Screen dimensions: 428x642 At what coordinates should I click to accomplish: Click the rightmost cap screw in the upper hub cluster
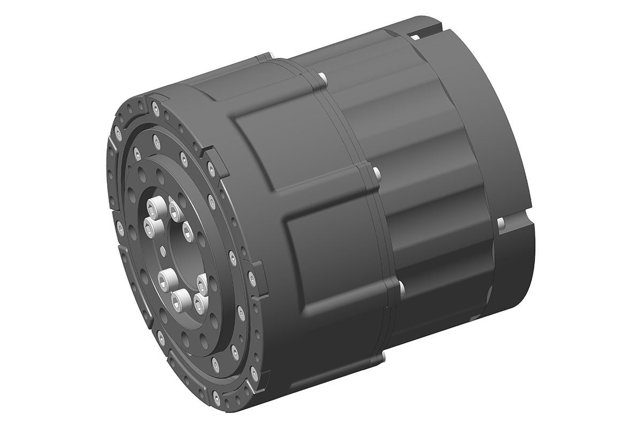coord(187,231)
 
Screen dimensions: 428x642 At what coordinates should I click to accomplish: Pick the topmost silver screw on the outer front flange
coord(155,109)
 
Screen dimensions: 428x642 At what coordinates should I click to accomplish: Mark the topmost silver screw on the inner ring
coord(156,142)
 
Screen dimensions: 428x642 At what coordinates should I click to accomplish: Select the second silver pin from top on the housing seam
coord(377,172)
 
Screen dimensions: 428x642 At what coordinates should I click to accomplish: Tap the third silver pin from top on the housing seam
coord(400,289)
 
